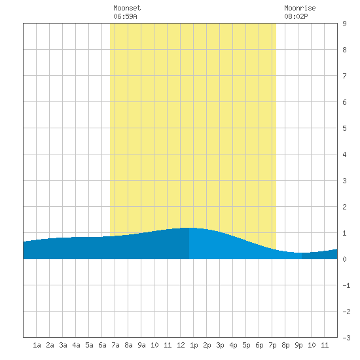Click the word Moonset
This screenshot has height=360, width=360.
click(x=127, y=8)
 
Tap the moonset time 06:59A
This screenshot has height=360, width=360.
click(x=125, y=16)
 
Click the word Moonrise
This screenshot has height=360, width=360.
click(x=300, y=8)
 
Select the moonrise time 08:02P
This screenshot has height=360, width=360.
click(x=296, y=16)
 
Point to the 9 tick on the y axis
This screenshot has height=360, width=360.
click(x=344, y=24)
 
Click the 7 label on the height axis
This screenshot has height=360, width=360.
click(x=344, y=76)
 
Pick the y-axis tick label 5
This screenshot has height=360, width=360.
click(x=344, y=128)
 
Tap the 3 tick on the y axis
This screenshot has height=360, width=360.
click(x=344, y=181)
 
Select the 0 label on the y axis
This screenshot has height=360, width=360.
click(x=344, y=259)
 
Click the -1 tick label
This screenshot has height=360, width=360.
click(x=346, y=285)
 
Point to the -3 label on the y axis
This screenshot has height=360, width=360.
click(x=346, y=338)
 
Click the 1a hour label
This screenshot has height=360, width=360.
click(x=37, y=345)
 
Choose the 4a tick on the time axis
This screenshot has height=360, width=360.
click(x=76, y=345)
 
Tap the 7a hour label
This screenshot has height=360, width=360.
click(x=115, y=345)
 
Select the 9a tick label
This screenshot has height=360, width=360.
click(x=141, y=345)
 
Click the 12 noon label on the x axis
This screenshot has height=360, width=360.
click(x=181, y=345)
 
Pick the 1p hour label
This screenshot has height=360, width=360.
click(x=194, y=345)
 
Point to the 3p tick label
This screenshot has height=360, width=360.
click(x=220, y=345)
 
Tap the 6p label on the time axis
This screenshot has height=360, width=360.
click(x=259, y=345)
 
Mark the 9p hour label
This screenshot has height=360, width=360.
click(x=298, y=345)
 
